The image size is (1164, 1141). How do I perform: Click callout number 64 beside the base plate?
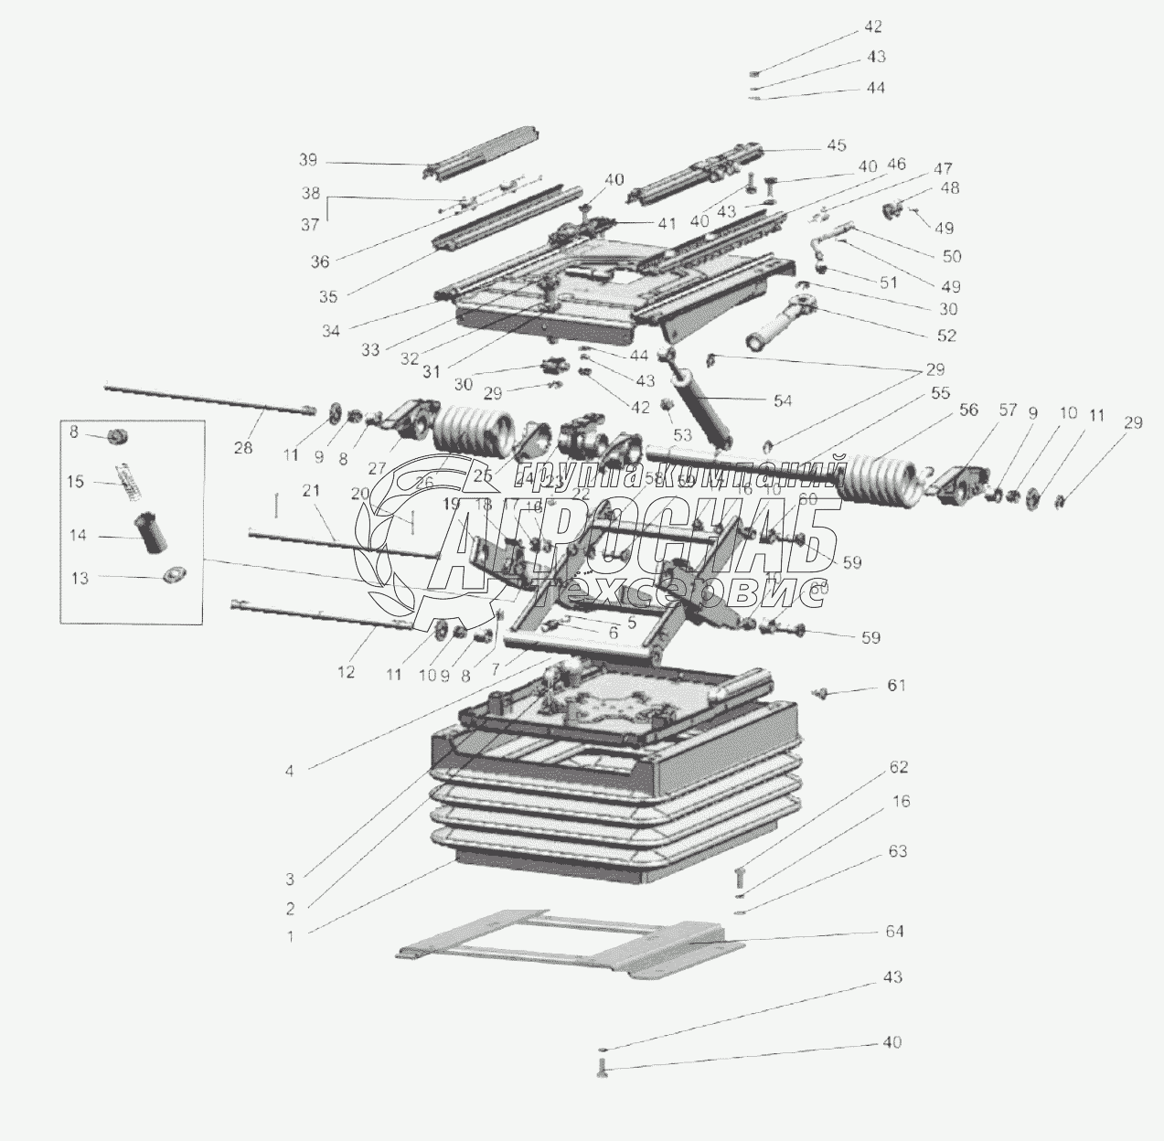(x=893, y=932)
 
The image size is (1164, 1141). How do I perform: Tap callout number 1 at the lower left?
(x=290, y=935)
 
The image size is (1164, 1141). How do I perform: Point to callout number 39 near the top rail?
(x=307, y=160)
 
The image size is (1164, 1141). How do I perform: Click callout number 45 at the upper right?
(x=837, y=145)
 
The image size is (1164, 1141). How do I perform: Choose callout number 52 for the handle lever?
(x=946, y=336)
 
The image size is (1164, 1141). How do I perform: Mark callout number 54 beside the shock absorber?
(x=783, y=400)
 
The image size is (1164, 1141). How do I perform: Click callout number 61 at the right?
(x=896, y=685)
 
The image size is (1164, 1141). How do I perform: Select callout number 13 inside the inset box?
(x=80, y=578)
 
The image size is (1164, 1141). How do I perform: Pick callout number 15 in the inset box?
(x=78, y=481)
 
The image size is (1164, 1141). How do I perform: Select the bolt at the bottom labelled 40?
(x=601, y=1064)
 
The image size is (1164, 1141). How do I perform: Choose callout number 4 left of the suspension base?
(x=290, y=771)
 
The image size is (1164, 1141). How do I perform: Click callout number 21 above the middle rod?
(x=312, y=491)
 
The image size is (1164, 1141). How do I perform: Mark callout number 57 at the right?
(x=1007, y=411)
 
